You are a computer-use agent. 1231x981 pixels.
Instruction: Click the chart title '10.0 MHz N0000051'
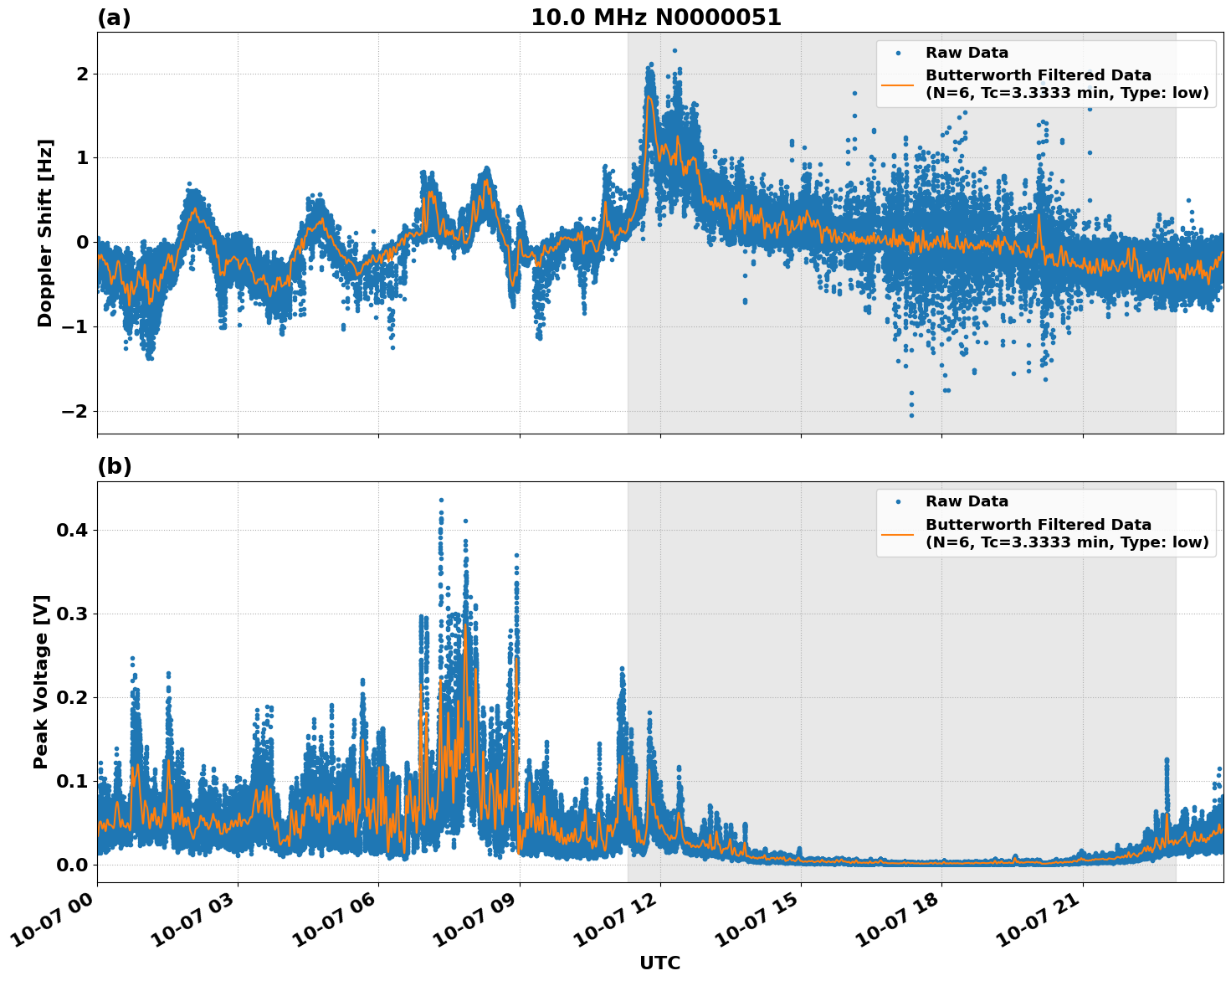655,18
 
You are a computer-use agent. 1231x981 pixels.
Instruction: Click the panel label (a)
114,18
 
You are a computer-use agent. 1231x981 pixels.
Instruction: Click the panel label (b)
114,466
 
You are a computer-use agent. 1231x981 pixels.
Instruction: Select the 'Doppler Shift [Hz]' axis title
45,233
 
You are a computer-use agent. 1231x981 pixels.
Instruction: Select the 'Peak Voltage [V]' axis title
41,681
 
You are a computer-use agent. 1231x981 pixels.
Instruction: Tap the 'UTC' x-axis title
659,963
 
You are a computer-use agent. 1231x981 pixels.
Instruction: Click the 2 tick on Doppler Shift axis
83,74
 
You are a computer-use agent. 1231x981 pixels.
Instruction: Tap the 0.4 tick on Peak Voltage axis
73,530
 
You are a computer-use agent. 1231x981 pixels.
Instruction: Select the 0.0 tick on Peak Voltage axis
73,865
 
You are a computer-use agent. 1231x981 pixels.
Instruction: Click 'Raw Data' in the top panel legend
967,53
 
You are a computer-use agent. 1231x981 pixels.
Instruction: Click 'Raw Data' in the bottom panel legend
967,501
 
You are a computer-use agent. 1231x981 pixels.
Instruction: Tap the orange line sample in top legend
898,84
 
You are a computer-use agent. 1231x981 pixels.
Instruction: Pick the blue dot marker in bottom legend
898,501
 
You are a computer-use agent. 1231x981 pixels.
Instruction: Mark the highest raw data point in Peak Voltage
441,500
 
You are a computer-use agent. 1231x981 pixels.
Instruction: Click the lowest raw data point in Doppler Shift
911,415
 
